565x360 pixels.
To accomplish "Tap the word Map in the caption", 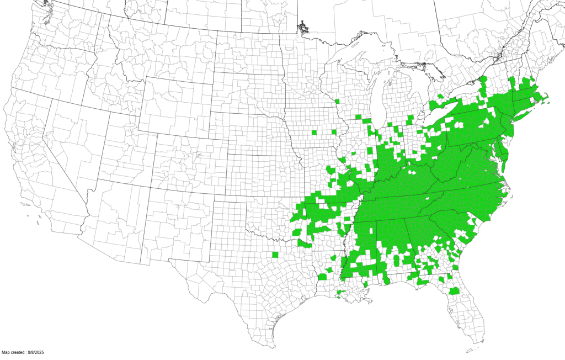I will (x=6, y=352).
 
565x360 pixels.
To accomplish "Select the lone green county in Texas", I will (x=275, y=255).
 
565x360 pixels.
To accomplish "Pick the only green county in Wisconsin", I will (x=337, y=101).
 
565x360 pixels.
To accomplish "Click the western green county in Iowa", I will (x=315, y=133).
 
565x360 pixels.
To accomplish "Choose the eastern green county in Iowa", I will (x=335, y=132).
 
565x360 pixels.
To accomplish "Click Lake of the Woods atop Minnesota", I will (x=302, y=26).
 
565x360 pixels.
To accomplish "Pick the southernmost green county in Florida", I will (x=454, y=291).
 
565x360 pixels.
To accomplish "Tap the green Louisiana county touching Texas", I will (x=321, y=276).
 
